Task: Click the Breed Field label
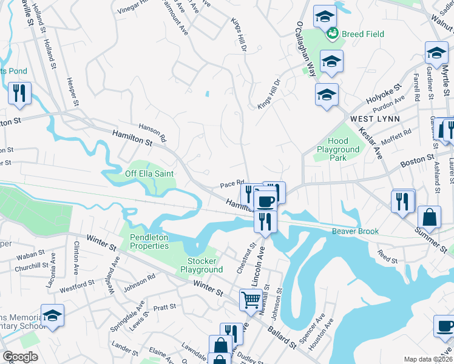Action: pos(362,34)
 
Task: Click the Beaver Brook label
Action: pos(355,231)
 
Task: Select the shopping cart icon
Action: pos(251,299)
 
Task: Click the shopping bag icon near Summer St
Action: pos(429,217)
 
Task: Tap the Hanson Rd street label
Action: pos(152,133)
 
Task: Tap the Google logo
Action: pos(20,357)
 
